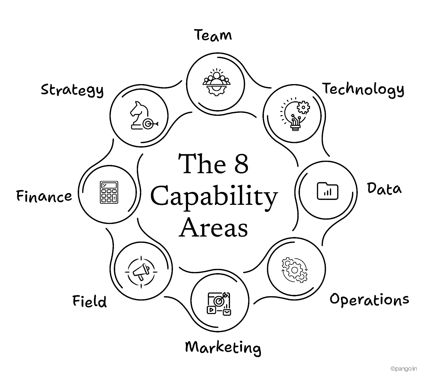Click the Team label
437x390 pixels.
click(x=213, y=36)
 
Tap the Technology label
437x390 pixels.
click(x=363, y=89)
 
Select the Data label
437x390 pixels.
click(x=384, y=189)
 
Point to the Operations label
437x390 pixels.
click(x=369, y=300)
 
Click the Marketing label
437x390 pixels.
click(x=223, y=348)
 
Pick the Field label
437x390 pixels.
click(x=90, y=301)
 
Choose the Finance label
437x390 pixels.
click(x=44, y=196)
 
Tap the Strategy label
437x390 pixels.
click(x=72, y=90)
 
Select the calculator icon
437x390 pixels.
click(x=109, y=192)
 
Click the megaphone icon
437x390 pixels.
click(x=141, y=272)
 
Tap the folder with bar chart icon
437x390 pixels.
click(x=327, y=191)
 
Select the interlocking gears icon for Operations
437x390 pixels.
click(x=295, y=270)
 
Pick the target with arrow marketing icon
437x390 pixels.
click(x=219, y=303)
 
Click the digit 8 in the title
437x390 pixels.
click(x=241, y=164)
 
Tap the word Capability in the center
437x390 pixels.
click(x=214, y=196)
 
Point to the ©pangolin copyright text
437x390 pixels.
click(x=404, y=369)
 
